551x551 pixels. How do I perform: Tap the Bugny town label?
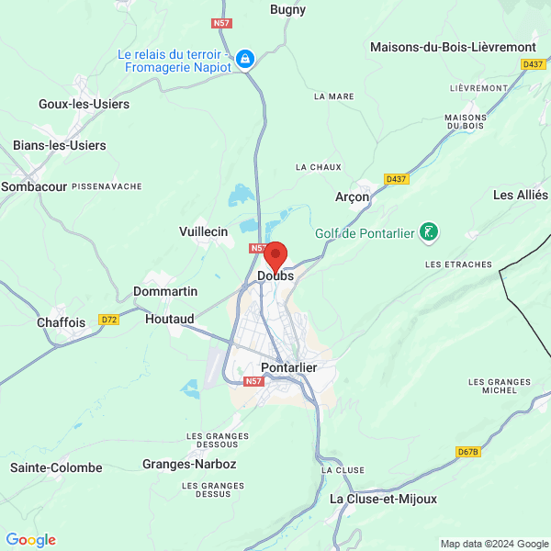point(287,10)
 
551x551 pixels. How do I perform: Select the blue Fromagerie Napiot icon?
point(245,60)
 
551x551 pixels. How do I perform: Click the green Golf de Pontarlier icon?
point(428,232)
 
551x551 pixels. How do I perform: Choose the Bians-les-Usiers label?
point(60,145)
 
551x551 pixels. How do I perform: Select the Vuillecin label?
point(203,232)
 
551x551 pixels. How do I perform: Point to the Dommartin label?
point(165,291)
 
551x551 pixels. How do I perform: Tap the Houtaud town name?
point(170,319)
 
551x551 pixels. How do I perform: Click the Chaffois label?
point(61,322)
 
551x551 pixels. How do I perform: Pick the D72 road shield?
point(109,320)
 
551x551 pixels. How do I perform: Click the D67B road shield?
point(468,452)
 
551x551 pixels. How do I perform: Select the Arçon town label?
point(352,197)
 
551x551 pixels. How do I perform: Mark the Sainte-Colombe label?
point(56,467)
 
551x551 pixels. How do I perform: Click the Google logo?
point(30,540)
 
